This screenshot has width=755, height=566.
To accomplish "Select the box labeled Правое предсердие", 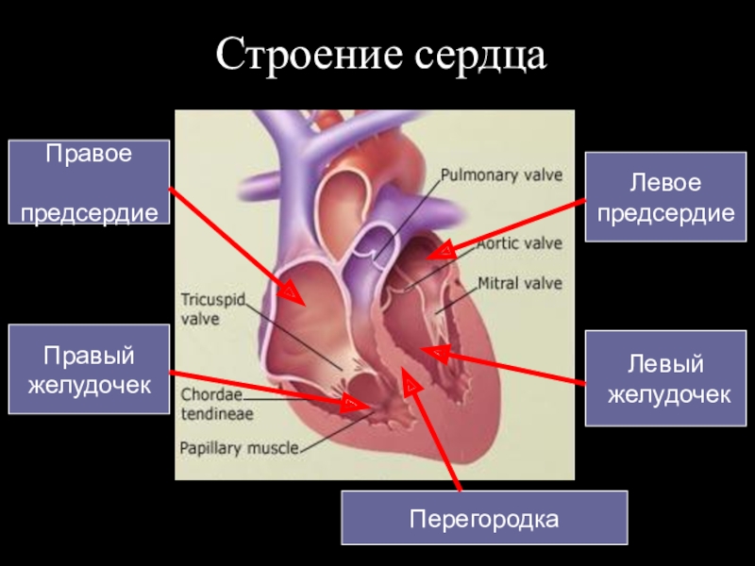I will [x=90, y=182].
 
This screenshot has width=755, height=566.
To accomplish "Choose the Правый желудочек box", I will [x=90, y=369].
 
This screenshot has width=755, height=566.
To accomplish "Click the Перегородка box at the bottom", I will [x=484, y=518].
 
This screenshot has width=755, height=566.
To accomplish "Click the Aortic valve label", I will [x=519, y=243].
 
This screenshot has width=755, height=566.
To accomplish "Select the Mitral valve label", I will [x=519, y=283].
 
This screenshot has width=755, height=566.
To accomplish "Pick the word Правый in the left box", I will [x=90, y=357].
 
